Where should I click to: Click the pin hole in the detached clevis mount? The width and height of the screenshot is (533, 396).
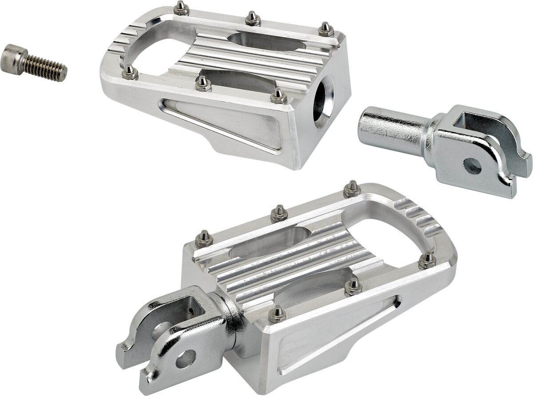[x=472, y=166]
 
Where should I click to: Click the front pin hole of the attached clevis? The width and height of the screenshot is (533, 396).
[x=186, y=358]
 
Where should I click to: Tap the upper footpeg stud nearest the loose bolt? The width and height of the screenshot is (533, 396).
[x=130, y=71]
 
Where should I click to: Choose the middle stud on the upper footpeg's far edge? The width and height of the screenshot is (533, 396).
[x=252, y=19]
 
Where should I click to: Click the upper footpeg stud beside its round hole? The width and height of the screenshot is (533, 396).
[x=278, y=95]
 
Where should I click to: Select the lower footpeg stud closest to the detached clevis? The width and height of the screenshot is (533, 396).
[x=352, y=189]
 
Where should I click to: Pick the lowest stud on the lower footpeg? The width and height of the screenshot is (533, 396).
[x=277, y=314]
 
